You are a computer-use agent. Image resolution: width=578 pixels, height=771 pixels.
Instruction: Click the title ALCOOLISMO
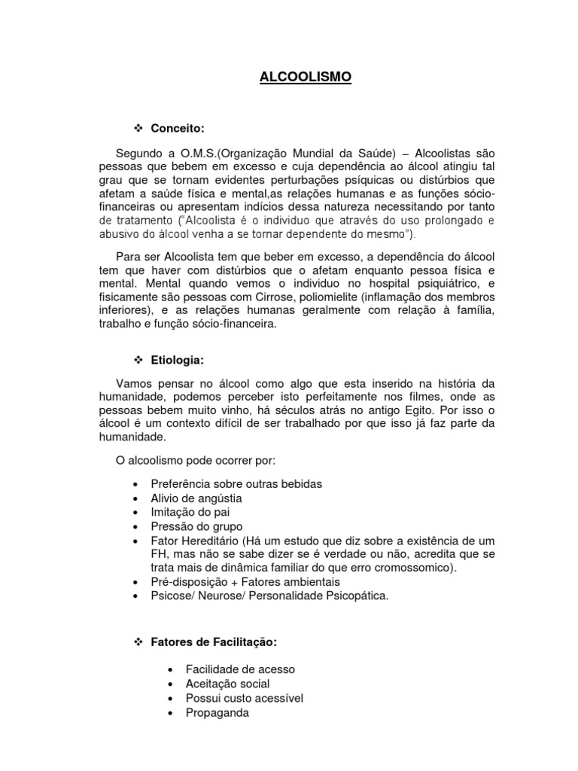[306, 77]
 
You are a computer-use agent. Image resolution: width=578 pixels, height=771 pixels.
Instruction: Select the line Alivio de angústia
[197, 498]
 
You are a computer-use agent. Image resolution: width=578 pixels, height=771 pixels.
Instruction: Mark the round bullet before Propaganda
[173, 712]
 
